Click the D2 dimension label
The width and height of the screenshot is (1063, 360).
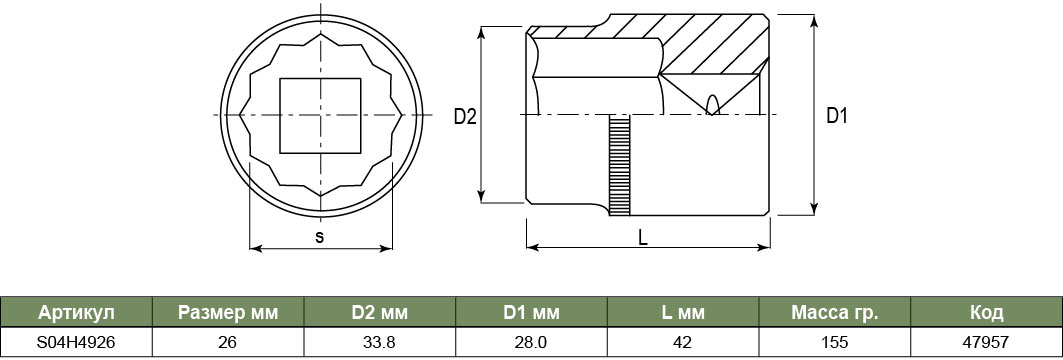tap(465, 117)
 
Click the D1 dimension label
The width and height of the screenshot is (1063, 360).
tap(837, 116)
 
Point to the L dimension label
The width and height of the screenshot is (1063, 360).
tap(643, 237)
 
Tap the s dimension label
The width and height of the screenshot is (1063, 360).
tap(320, 237)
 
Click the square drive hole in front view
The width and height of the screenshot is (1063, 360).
tap(320, 115)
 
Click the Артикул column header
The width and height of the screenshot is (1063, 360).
tap(77, 313)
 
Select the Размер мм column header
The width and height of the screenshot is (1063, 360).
tap(228, 313)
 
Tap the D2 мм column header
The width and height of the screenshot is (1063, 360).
tap(380, 313)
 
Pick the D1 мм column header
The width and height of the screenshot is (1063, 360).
tap(532, 313)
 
